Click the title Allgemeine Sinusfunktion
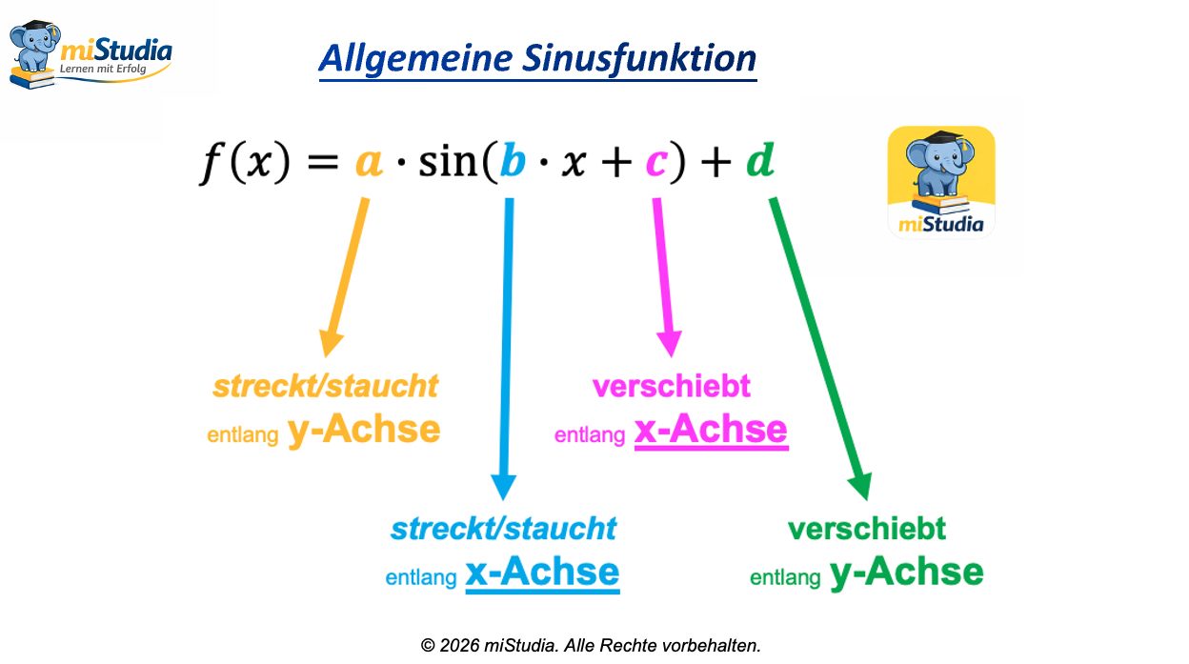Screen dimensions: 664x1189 click(x=537, y=58)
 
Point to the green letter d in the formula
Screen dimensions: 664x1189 click(x=759, y=162)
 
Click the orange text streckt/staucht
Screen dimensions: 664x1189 click(x=325, y=386)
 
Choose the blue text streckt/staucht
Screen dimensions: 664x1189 click(x=503, y=528)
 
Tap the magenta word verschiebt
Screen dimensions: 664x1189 click(x=671, y=386)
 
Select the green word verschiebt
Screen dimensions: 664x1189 click(x=866, y=528)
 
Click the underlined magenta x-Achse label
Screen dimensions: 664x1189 click(x=711, y=430)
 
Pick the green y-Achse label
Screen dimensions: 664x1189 click(x=906, y=572)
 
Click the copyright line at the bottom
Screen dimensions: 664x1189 click(x=591, y=645)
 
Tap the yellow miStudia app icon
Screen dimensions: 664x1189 click(x=941, y=181)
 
